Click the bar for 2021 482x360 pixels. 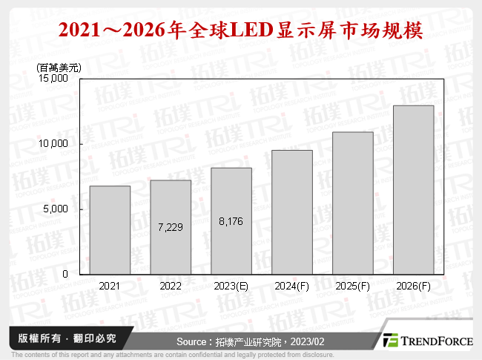coord(110,230)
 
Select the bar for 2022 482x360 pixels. coord(171,227)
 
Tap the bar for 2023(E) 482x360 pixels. coord(231,221)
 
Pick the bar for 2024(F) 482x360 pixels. coord(292,212)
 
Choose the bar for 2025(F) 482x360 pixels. coord(353,203)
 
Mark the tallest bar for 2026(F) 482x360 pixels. coord(413,190)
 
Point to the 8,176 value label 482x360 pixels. coord(231,221)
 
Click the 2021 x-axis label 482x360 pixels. coord(110,286)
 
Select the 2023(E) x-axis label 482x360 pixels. coord(231,286)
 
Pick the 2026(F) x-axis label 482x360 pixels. coord(413,286)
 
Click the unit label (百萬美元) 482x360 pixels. coord(59,67)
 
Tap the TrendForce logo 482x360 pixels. coord(426,340)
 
